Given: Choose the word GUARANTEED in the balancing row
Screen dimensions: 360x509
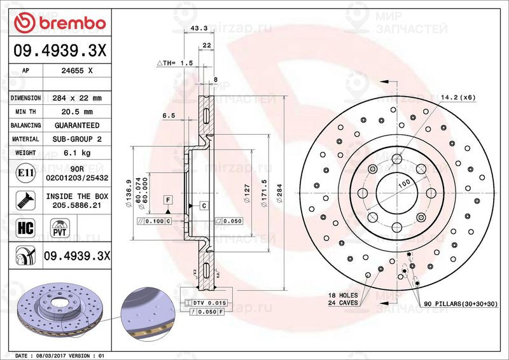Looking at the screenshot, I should pos(77,126).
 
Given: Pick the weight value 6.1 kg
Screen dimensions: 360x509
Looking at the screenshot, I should pos(77,153).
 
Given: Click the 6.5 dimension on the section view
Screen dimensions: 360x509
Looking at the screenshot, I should pos(169,116).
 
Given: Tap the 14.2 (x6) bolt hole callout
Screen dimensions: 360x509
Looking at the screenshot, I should pos(459,97).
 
